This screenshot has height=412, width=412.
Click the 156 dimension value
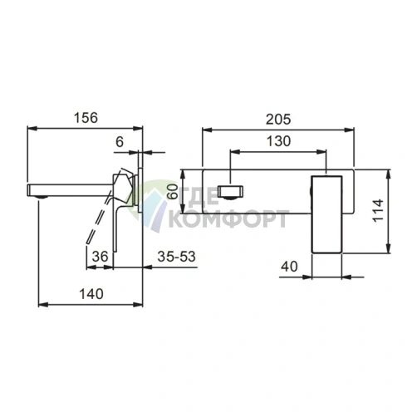click(86, 118)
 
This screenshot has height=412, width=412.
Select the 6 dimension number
click(120, 142)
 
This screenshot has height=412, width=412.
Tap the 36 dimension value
click(100, 257)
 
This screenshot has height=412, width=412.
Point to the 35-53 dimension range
click(176, 257)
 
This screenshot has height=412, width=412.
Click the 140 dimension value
click(91, 294)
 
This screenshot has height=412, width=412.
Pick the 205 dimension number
click(278, 120)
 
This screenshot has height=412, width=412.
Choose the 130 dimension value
click(278, 141)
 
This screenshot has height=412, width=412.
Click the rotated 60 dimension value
click(174, 192)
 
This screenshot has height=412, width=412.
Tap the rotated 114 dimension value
click(378, 209)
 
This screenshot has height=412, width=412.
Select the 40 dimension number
click(289, 267)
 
